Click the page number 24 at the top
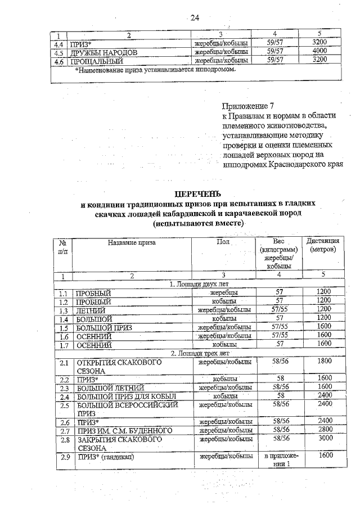[x=195, y=18]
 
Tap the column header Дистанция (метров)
[x=323, y=245]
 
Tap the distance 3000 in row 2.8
[x=323, y=439]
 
